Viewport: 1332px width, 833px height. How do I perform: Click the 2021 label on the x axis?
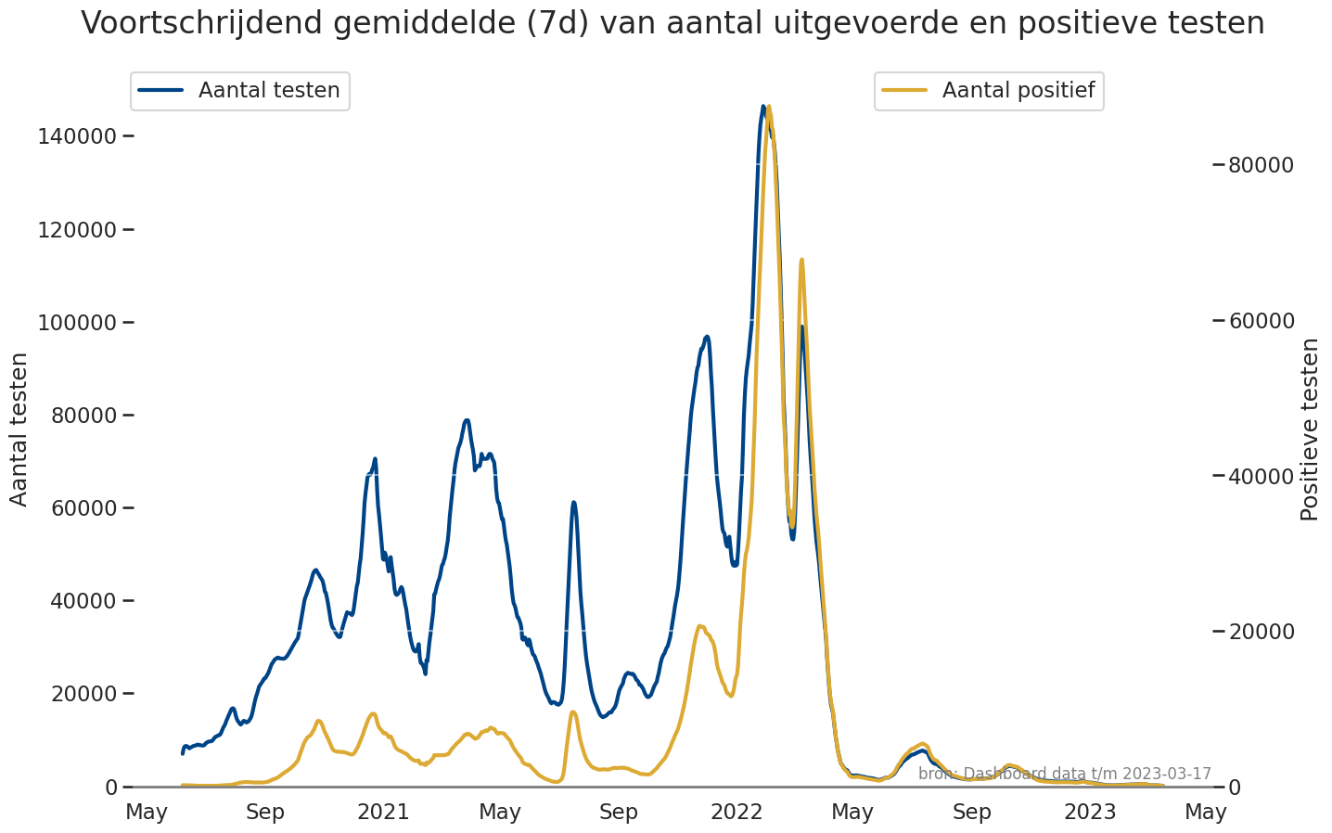point(383,813)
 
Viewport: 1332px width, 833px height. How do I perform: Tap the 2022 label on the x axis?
point(736,813)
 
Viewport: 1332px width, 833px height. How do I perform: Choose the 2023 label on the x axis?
point(1090,813)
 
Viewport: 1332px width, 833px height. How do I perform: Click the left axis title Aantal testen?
point(19,429)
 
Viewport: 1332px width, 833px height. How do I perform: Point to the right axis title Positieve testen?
point(1309,429)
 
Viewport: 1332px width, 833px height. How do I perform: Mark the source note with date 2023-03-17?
point(1064,774)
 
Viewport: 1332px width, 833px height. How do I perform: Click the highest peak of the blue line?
point(763,107)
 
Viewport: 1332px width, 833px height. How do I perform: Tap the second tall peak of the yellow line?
point(801,260)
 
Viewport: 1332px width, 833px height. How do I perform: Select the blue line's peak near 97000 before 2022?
point(707,337)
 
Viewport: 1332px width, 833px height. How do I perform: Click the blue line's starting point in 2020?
point(183,752)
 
